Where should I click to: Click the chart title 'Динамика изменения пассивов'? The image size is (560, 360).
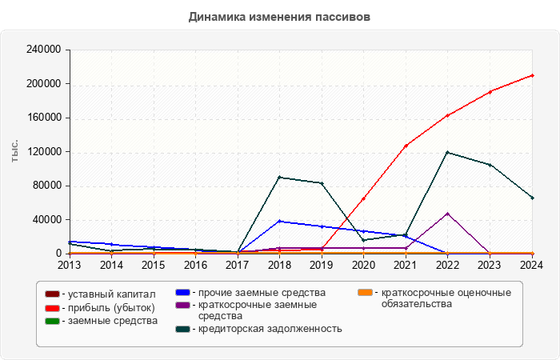click(279, 17)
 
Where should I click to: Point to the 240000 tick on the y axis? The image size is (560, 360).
click(44, 50)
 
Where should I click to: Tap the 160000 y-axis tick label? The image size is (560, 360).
click(44, 118)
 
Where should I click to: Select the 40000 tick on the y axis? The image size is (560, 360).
click(46, 220)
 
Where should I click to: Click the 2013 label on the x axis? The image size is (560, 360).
click(70, 265)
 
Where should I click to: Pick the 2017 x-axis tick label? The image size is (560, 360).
click(238, 265)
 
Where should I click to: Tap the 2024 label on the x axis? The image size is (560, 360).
click(532, 265)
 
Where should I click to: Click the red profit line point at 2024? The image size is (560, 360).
click(532, 75)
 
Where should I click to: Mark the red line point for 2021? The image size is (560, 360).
click(406, 146)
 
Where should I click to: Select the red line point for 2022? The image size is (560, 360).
click(448, 115)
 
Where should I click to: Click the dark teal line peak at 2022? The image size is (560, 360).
click(448, 152)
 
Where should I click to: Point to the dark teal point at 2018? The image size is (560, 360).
click(279, 177)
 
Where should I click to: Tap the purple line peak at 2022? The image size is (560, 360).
click(448, 214)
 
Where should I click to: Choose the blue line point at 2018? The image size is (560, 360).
click(279, 221)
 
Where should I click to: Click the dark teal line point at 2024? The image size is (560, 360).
click(532, 198)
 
